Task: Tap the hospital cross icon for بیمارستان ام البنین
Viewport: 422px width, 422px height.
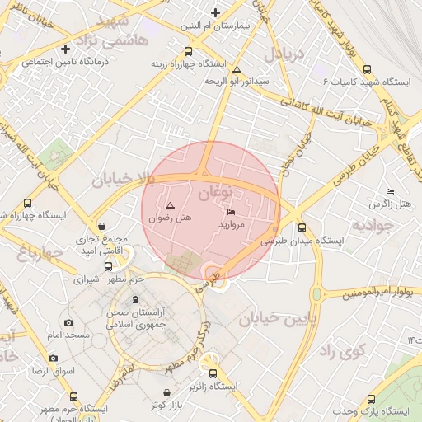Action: pyautogui.click(x=216, y=12)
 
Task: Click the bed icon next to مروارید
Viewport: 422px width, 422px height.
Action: pyautogui.click(x=230, y=213)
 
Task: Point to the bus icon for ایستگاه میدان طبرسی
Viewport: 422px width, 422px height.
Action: pyautogui.click(x=301, y=228)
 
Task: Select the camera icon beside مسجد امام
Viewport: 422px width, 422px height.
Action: pyautogui.click(x=68, y=322)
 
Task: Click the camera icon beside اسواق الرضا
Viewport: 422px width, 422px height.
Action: pyautogui.click(x=54, y=359)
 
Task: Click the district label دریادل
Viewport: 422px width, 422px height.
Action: pyautogui.click(x=284, y=55)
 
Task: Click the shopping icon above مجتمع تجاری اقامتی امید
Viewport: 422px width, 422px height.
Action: pyautogui.click(x=101, y=225)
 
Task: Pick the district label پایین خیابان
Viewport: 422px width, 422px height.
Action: pyautogui.click(x=277, y=319)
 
